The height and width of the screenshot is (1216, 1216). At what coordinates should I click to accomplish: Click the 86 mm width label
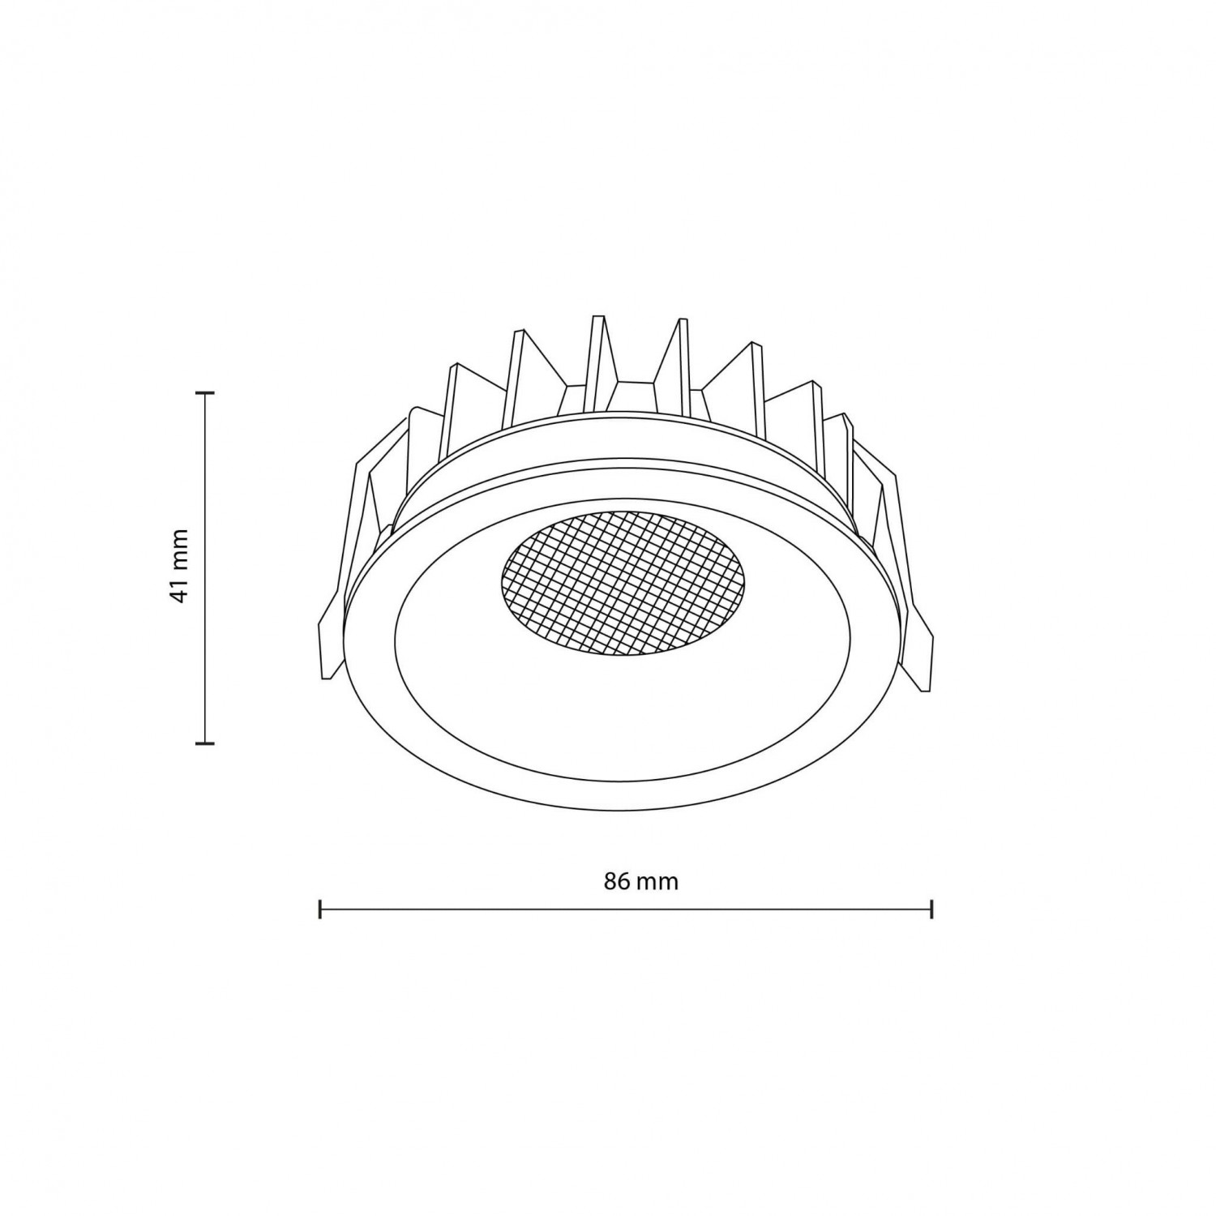640,882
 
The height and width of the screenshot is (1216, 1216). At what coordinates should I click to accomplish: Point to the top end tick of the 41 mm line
208,393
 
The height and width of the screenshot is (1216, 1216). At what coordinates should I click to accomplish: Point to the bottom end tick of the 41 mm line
208,741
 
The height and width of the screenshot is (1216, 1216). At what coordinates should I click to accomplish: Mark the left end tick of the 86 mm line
321,909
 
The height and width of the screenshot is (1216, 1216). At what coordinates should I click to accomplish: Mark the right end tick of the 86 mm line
932,909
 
